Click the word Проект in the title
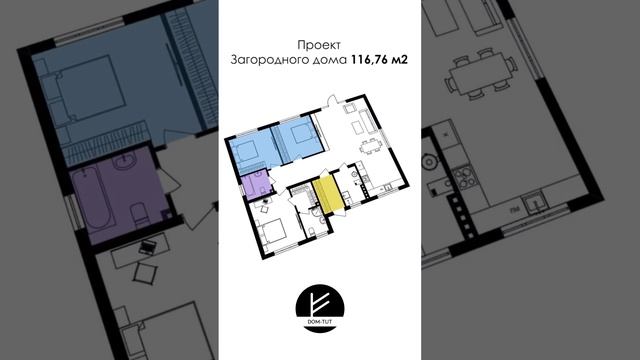(319, 44)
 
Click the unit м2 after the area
(399, 60)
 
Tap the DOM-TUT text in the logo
(320, 322)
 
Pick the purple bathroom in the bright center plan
(256, 185)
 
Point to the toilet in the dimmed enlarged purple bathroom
(140, 214)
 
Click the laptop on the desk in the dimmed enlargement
(147, 247)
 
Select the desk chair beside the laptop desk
(144, 273)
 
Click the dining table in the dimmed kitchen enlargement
(479, 76)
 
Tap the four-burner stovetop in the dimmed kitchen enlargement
(464, 178)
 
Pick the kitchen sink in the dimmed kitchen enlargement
(534, 202)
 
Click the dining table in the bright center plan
(369, 146)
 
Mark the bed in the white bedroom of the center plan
(273, 231)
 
